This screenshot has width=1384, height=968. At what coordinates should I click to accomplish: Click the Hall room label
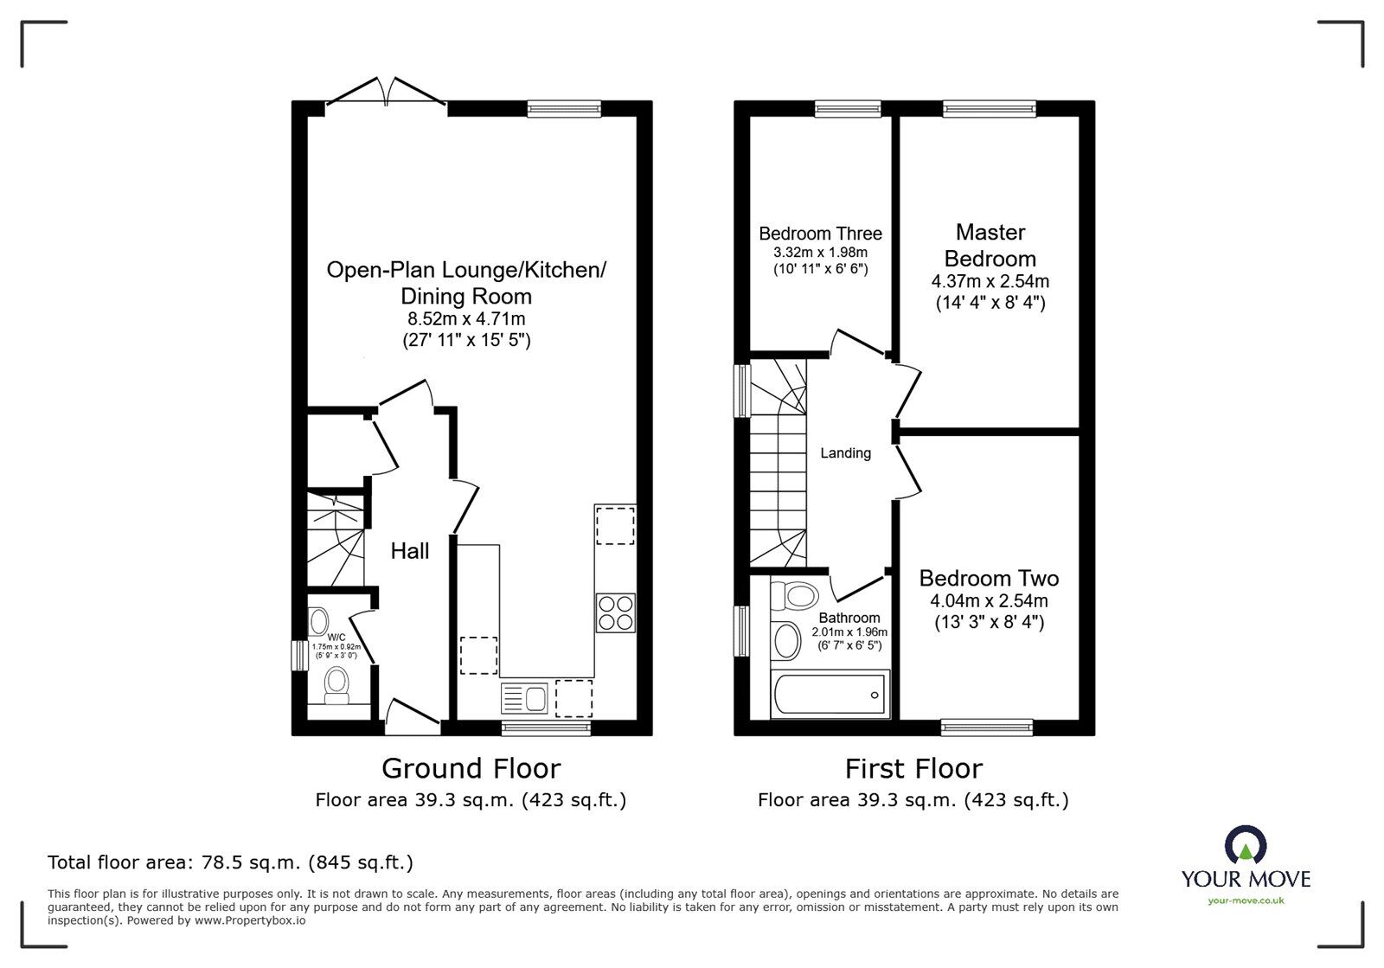coord(409,551)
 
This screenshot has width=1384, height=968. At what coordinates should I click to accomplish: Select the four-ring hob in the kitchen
coord(615,612)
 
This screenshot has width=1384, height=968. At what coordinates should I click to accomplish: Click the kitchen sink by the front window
coord(523,697)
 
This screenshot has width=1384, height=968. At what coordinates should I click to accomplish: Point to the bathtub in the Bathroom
coord(830,695)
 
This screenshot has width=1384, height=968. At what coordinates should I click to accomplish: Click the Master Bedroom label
coord(990,245)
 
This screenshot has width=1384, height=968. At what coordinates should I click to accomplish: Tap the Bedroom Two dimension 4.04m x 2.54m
coord(989,601)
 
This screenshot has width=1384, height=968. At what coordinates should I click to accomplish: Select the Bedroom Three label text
coord(820,234)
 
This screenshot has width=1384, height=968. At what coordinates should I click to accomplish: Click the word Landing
coord(845,453)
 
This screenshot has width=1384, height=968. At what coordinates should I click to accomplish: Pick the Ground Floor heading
coord(471,768)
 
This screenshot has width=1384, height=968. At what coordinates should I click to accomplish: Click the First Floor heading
coord(913,768)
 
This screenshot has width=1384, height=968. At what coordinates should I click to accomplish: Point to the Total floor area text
coord(230,862)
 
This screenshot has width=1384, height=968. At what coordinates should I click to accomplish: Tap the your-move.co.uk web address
coord(1246,901)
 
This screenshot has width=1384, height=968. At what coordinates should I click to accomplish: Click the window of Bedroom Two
coord(986,728)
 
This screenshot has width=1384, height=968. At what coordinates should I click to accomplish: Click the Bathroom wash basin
coord(787,641)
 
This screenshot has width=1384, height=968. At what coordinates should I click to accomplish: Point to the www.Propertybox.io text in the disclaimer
coord(249,920)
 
